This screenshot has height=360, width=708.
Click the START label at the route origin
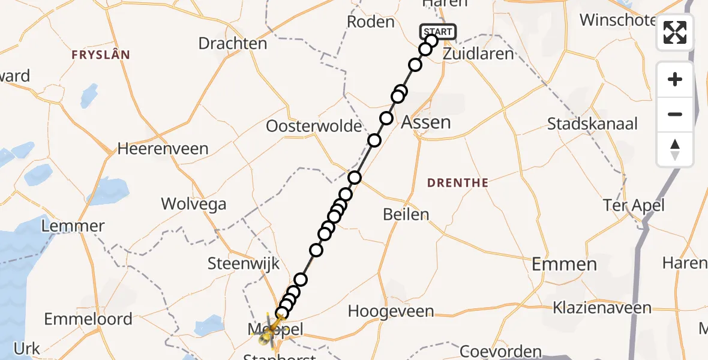(438, 32)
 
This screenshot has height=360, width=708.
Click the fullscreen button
(675, 32)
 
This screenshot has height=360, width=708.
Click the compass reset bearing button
(675, 149)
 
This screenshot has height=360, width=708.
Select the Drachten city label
(232, 43)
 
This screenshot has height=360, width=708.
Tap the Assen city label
(425, 122)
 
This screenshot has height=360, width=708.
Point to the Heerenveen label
(163, 148)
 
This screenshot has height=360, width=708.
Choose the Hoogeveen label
(391, 311)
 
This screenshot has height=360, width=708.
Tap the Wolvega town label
(194, 204)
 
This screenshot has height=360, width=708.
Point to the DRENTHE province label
(458, 182)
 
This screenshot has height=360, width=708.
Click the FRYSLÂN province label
(101, 55)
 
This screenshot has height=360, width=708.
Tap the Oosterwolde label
(314, 127)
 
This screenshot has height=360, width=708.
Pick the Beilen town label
(407, 214)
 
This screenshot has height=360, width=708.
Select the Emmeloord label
(88, 319)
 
